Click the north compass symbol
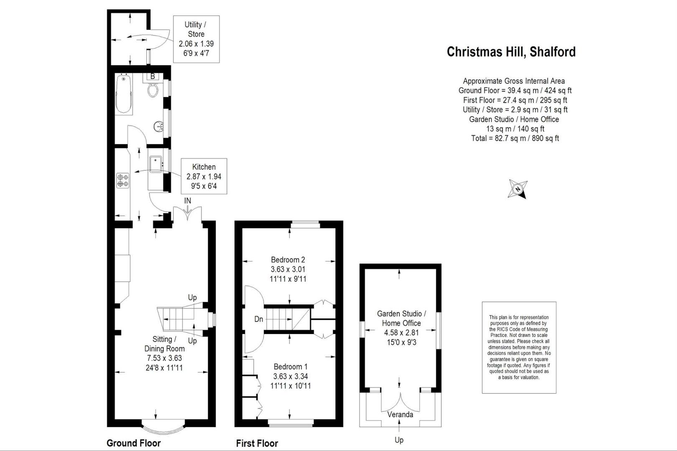coord(518,189)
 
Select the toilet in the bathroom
coord(153,89)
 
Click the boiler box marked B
coord(153,76)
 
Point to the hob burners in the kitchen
coord(123,180)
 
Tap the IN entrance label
coord(188,201)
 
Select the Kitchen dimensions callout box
coord(204,176)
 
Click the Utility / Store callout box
coord(196,39)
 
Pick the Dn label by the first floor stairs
coord(259,319)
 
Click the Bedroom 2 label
coord(288,260)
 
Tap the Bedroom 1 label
coord(290,367)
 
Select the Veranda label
coord(400,415)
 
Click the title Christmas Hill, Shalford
coord(511,52)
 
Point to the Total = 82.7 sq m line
coord(515,138)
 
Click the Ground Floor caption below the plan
coord(133,443)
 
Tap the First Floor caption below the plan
coord(257,443)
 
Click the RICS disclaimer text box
coord(519,347)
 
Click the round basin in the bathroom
coord(159,126)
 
